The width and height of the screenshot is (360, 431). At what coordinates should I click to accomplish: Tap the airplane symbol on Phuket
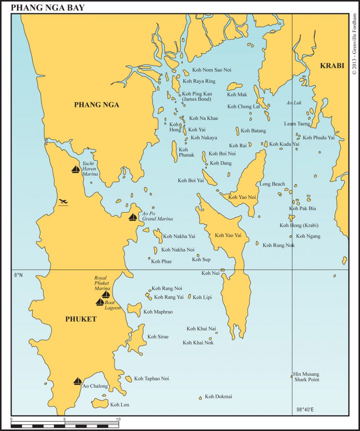coord(64,202)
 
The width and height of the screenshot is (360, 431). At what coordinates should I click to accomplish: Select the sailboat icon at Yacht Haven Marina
coord(76,169)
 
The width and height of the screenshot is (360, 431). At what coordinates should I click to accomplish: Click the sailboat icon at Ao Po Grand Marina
coord(133,217)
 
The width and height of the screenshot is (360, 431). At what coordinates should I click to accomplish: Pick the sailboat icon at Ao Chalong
coord(78,381)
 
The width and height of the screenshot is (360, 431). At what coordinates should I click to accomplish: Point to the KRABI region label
coord(332,66)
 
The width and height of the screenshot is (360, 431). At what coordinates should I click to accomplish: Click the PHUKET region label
coord(81,319)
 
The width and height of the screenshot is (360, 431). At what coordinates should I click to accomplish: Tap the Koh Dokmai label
coord(218,396)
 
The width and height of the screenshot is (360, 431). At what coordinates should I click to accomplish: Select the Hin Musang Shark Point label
coord(306,377)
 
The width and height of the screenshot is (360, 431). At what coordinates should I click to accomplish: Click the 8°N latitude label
coord(17,275)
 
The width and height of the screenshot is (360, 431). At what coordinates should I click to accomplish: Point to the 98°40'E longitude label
coord(308,409)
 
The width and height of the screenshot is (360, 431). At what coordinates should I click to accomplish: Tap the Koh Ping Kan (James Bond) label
coord(196,96)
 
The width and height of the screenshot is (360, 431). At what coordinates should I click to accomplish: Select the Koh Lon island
coord(100,404)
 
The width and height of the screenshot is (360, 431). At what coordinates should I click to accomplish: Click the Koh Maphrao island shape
coord(134,309)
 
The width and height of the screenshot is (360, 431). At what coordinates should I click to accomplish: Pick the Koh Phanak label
coord(186,152)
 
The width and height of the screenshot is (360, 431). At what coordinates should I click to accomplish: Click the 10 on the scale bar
coord(118,419)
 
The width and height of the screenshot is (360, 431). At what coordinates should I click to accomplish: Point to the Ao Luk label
coord(294,103)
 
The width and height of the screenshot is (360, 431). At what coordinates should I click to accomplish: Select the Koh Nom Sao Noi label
coord(212,70)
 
